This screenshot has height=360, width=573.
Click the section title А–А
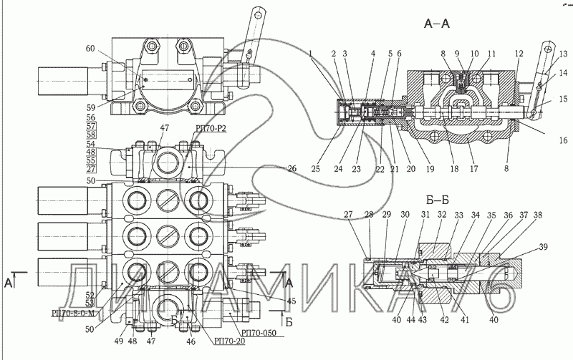pyautogui.click(x=437, y=24)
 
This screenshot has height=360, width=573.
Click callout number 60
pyautogui.click(x=90, y=49)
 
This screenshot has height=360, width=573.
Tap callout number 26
pyautogui.click(x=291, y=169)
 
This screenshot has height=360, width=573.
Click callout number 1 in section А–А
pyautogui.click(x=312, y=54)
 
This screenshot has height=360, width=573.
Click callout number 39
pyautogui.click(x=544, y=248)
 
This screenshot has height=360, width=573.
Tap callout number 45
pyautogui.click(x=292, y=301)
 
